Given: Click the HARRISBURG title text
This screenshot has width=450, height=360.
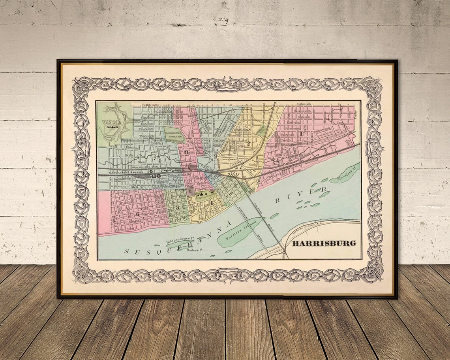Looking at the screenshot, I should click(x=324, y=243).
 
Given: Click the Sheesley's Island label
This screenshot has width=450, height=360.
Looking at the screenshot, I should click(x=343, y=173).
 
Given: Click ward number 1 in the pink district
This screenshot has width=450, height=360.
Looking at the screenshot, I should click(x=302, y=134).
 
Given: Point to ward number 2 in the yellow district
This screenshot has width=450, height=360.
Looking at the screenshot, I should click(x=248, y=144).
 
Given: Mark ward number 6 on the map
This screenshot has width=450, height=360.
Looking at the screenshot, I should click(x=138, y=214).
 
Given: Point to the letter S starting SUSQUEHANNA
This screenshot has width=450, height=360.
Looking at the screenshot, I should click(x=127, y=251).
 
